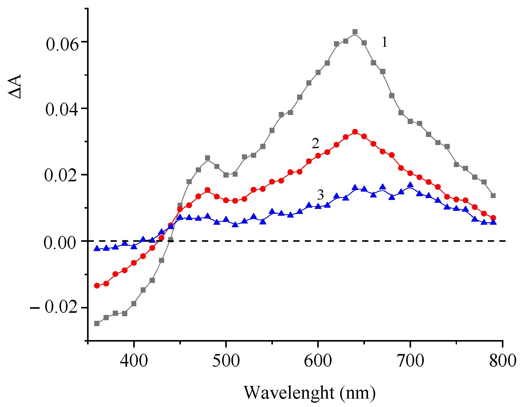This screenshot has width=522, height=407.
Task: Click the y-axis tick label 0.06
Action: (x=62, y=44)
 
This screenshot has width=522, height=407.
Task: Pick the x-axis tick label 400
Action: (x=134, y=361)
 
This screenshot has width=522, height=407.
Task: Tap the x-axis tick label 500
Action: (x=226, y=361)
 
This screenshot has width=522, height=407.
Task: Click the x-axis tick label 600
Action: (x=318, y=361)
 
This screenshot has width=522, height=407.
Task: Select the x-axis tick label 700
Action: (x=410, y=361)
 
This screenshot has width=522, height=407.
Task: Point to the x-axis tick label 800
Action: (x=502, y=361)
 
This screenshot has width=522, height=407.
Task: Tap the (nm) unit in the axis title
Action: (x=358, y=393)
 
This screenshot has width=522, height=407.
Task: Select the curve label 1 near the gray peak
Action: (x=384, y=42)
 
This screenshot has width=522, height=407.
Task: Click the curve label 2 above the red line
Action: (x=315, y=144)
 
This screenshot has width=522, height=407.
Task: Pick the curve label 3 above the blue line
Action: (x=320, y=195)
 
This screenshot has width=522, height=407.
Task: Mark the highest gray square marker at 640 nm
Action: (x=355, y=32)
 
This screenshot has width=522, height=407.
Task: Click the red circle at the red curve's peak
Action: (x=355, y=132)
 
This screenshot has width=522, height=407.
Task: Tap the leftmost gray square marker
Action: (x=97, y=323)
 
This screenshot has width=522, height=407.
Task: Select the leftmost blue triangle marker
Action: (x=97, y=248)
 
